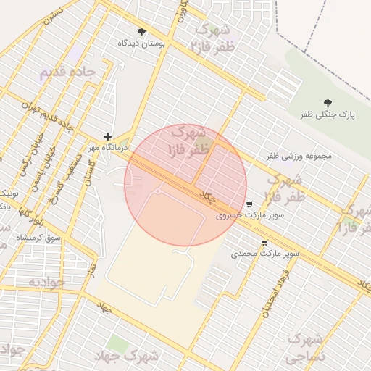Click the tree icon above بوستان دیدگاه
pyautogui.click(x=141, y=32)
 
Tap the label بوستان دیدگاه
pyautogui.click(x=141, y=43)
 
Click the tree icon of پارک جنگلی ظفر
pyautogui.click(x=328, y=103)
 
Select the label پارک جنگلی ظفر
pyautogui.click(x=328, y=114)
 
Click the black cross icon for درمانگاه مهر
pyautogui.click(x=107, y=136)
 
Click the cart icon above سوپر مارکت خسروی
pyautogui.click(x=250, y=204)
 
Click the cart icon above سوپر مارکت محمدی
pyautogui.click(x=264, y=243)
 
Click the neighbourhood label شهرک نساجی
pyautogui.click(x=304, y=349)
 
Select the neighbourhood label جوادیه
pyautogui.click(x=46, y=281)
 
